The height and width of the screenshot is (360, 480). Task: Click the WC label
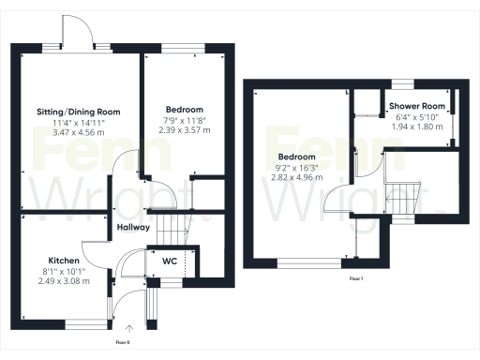170,260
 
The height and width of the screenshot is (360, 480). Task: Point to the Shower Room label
416,106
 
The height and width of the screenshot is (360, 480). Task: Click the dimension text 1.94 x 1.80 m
416,127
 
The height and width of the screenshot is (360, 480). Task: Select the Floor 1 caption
356,279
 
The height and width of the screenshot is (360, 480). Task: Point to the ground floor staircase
170,226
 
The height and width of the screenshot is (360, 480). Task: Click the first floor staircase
405,197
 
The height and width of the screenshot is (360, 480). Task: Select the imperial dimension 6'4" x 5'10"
416,116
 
